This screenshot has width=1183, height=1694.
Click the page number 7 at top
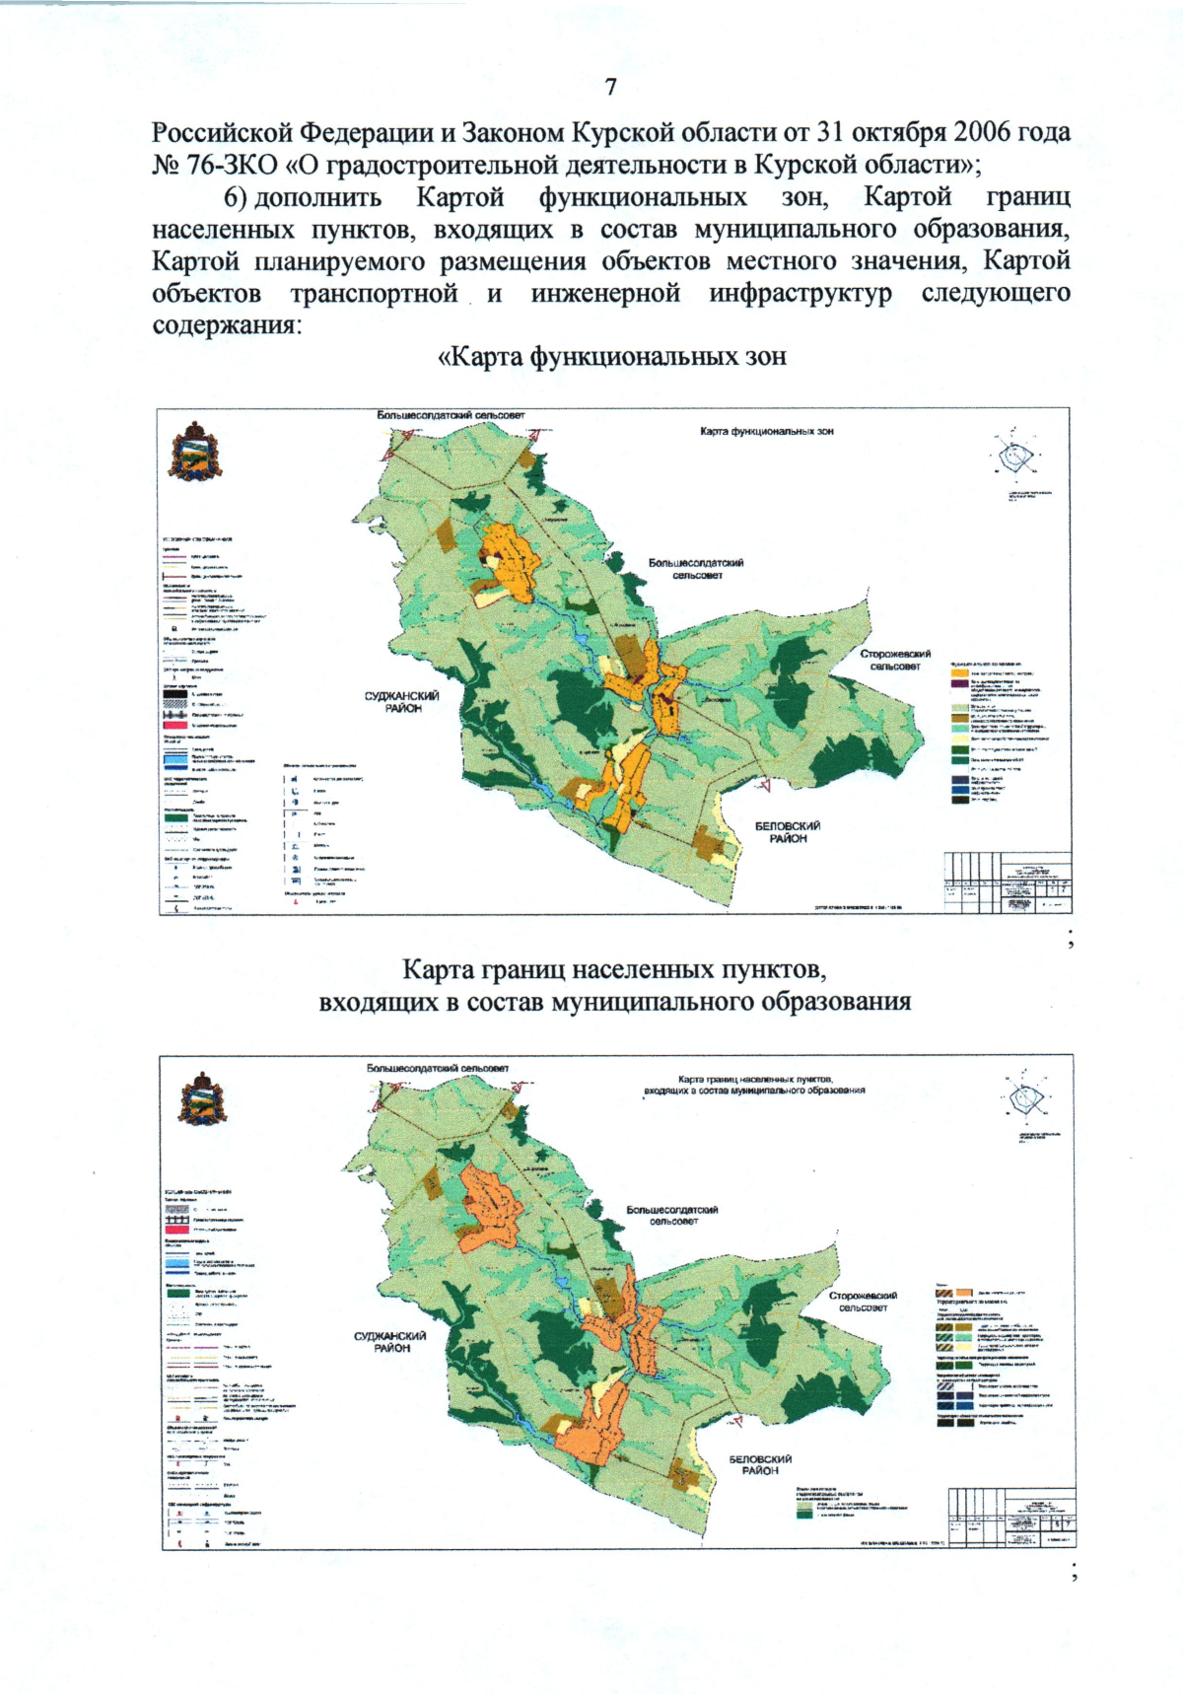coord(611,87)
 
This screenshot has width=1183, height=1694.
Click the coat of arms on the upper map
coord(193,453)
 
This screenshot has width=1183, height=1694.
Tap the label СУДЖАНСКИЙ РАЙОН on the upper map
coord(401,702)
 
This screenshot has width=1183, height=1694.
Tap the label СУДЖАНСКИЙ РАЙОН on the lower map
coord(390,1342)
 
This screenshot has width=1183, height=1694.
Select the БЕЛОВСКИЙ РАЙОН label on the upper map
coord(788,832)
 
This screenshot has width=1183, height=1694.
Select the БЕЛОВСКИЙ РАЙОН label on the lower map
coord(760,1464)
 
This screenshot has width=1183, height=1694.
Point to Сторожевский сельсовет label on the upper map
coord(894,660)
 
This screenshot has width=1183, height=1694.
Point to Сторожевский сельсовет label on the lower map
coord(863,1302)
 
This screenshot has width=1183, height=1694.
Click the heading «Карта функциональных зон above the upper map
coord(611,357)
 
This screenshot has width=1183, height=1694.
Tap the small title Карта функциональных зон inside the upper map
coord(766,432)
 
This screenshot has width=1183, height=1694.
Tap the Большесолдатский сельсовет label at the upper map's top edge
coord(451,415)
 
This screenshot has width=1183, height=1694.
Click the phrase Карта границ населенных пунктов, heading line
coord(613,969)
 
